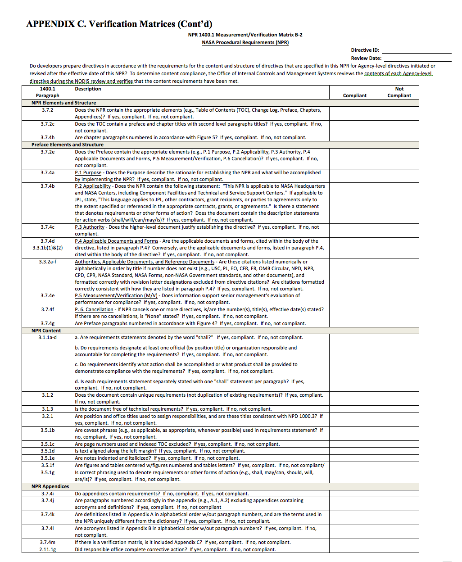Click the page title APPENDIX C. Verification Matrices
pos(119,24)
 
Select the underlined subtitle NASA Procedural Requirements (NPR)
pos(245,42)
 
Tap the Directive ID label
pos(365,50)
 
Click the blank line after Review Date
pos(417,59)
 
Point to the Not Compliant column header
pos(399,92)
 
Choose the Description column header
pos(88,89)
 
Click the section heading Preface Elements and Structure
pos(67,145)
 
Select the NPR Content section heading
pos(46,331)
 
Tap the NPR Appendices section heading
pos(50,486)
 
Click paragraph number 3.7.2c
pos(47,124)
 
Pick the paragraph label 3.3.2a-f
pos(47,262)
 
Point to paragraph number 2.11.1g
pos(47,549)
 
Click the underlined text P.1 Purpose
pos(88,172)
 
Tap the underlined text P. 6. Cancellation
pos(94,309)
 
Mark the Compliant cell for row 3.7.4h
pos(351,137)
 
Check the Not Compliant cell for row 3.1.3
pos(396,409)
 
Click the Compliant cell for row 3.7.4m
pos(351,542)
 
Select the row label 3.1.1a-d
pos(47,337)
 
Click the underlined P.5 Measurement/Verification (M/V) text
pos(116,295)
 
